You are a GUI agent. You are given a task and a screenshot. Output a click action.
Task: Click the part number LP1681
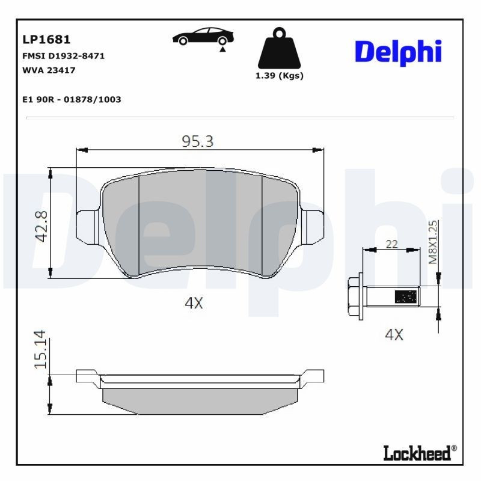click(46, 40)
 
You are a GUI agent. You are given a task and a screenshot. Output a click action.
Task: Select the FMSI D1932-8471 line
click(63, 55)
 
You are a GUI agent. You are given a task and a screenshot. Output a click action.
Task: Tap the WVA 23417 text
click(48, 70)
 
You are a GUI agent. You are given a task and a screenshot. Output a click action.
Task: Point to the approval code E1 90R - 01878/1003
click(71, 99)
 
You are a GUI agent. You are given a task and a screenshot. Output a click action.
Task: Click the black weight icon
click(278, 48)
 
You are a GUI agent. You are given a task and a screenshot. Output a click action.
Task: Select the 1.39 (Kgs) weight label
click(279, 76)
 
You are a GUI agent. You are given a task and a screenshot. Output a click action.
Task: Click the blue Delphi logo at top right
click(398, 52)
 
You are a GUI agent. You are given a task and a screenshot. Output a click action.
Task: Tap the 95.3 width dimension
click(198, 141)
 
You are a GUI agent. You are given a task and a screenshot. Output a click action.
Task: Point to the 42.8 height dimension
click(41, 225)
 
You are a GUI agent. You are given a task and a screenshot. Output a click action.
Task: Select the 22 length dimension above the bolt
click(391, 244)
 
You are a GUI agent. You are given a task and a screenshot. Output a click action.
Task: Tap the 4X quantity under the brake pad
click(194, 304)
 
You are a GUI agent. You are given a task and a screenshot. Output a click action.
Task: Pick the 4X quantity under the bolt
click(394, 335)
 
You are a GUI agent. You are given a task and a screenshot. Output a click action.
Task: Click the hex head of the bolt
click(355, 295)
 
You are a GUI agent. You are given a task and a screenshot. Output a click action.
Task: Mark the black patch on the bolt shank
click(405, 296)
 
